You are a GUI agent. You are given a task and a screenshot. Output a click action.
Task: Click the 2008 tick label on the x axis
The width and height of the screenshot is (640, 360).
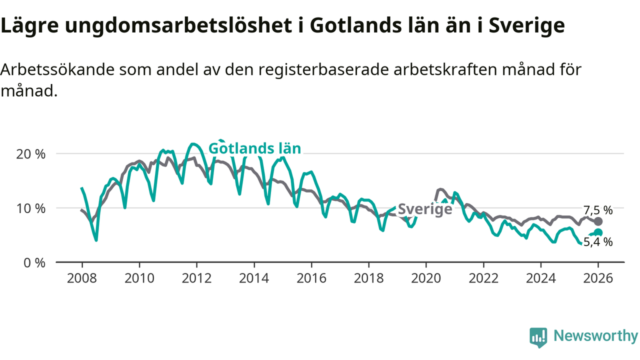click(x=81, y=278)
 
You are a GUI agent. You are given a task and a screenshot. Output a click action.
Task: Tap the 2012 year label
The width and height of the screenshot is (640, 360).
click(x=196, y=278)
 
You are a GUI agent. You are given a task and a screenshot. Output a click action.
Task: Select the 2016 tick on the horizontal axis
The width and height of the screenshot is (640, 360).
click(x=311, y=278)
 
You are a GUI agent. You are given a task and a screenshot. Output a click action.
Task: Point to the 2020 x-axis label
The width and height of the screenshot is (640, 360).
click(x=426, y=278)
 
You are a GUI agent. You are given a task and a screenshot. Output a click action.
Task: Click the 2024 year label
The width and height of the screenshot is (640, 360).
click(x=541, y=278)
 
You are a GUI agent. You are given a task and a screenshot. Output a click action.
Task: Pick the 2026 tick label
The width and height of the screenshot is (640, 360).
click(x=598, y=278)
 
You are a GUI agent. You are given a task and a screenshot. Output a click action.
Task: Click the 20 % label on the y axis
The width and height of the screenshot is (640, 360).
click(x=30, y=154)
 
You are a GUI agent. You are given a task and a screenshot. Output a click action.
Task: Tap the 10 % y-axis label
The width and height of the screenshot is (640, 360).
click(x=30, y=208)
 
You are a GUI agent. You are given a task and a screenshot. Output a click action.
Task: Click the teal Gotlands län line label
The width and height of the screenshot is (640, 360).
click(x=254, y=148)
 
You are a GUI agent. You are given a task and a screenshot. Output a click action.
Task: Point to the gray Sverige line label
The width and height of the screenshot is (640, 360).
click(x=425, y=209)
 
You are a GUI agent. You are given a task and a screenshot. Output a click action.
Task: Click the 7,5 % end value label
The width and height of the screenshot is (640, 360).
click(x=597, y=210)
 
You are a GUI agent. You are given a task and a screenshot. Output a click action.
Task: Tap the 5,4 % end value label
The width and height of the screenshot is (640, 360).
click(x=597, y=242)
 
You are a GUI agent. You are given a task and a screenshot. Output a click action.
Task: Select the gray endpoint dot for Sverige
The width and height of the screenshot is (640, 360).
click(x=598, y=221)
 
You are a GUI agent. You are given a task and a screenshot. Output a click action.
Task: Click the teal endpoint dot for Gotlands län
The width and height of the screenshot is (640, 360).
click(x=598, y=232)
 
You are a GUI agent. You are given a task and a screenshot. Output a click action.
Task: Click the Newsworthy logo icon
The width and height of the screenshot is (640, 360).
click(x=538, y=337)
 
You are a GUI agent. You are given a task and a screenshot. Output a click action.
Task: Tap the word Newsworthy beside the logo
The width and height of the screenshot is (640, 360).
click(x=595, y=336)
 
